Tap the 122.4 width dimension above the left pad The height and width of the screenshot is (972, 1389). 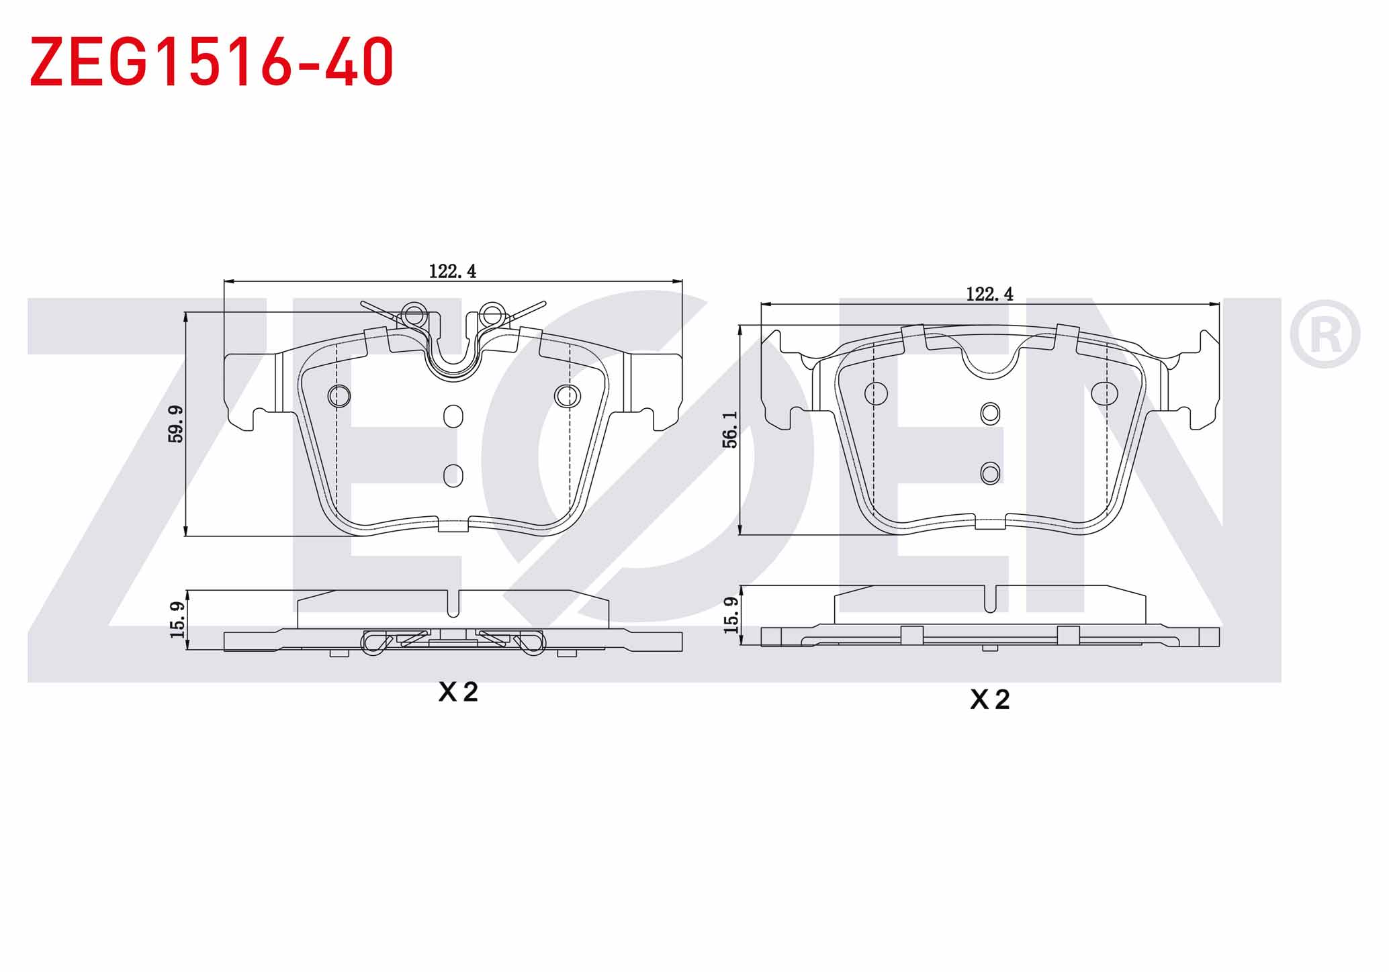pyautogui.click(x=453, y=271)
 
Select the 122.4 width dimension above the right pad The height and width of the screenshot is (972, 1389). pyautogui.click(x=989, y=294)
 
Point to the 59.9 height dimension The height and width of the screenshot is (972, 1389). pyautogui.click(x=176, y=424)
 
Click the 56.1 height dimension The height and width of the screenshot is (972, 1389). pyautogui.click(x=730, y=430)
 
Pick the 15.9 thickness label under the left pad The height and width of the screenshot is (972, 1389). pyautogui.click(x=177, y=620)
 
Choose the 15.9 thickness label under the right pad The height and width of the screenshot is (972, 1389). pyautogui.click(x=731, y=615)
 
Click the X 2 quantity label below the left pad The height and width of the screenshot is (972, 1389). pyautogui.click(x=458, y=692)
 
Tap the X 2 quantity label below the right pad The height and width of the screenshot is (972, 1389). pyautogui.click(x=989, y=700)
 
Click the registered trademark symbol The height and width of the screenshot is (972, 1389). pyautogui.click(x=1325, y=334)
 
